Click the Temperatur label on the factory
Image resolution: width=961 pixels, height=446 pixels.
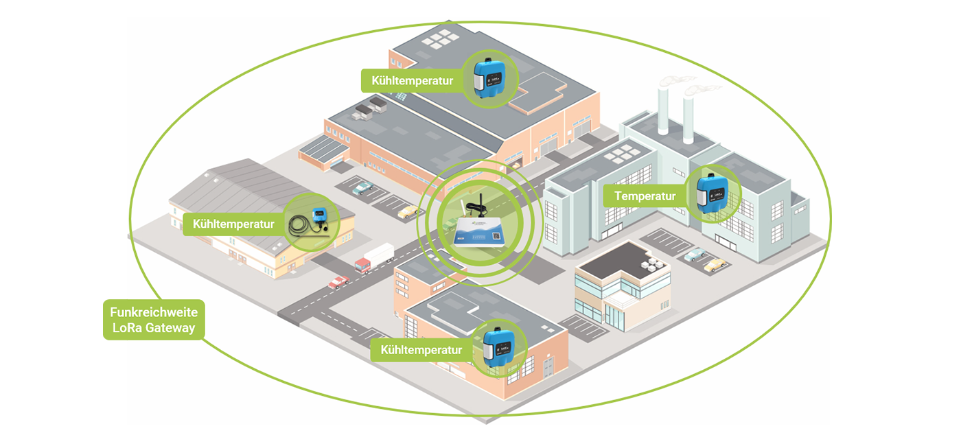coord(645,196)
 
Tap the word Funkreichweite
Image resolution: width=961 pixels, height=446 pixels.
coord(154,312)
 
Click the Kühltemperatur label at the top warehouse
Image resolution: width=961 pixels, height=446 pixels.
coord(412,80)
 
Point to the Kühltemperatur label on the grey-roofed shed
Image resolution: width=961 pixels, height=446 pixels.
coord(233,224)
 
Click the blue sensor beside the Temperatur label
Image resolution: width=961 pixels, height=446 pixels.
coord(712,194)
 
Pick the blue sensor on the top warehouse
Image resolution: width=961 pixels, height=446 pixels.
coord(488,78)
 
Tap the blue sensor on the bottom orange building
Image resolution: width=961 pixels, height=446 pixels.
coord(499,348)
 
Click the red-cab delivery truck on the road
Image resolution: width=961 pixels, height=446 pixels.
coord(373,258)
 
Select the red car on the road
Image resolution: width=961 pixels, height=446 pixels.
coord(338,281)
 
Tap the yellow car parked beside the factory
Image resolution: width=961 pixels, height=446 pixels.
coord(716,264)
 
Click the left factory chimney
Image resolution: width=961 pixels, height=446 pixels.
coord(664,110)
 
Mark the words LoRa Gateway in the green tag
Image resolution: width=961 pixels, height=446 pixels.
coord(154,328)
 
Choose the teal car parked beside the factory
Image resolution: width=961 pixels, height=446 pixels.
coord(695,255)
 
